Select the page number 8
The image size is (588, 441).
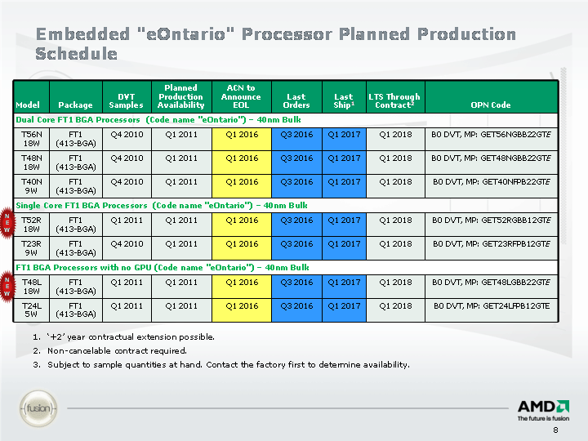pyautogui.click(x=556, y=431)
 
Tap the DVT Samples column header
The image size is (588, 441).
pyautogui.click(x=127, y=100)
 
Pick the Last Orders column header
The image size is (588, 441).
pyautogui.click(x=296, y=100)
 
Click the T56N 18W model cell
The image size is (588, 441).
pyautogui.click(x=32, y=139)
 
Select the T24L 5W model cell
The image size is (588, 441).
pyautogui.click(x=32, y=310)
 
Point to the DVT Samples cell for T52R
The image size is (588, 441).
pyautogui.click(x=127, y=220)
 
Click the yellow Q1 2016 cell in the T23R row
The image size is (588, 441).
pyautogui.click(x=242, y=243)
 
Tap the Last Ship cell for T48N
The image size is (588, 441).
pyautogui.click(x=344, y=158)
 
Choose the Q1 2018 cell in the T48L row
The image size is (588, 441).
pyautogui.click(x=395, y=283)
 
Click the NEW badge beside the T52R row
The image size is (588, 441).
pyautogui.click(x=7, y=220)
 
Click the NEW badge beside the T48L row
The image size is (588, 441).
pyautogui.click(x=7, y=283)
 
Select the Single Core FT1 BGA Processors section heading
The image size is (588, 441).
pyautogui.click(x=162, y=205)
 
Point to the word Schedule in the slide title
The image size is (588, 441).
pyautogui.click(x=77, y=54)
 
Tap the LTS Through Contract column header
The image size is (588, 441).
pyautogui.click(x=394, y=100)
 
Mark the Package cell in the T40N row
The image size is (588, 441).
pyautogui.click(x=76, y=186)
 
